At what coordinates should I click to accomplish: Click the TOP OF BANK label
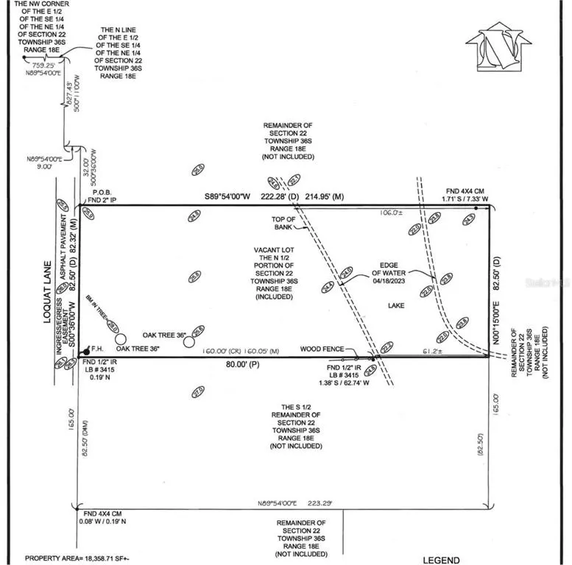[x=283, y=224]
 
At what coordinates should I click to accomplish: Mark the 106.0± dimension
[x=389, y=213]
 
